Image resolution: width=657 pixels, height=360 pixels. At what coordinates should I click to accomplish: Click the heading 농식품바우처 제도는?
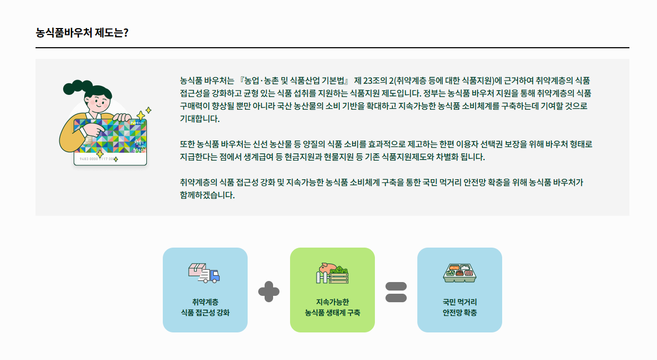pos(82,32)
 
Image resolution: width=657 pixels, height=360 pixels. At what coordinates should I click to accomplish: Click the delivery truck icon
pos(204,273)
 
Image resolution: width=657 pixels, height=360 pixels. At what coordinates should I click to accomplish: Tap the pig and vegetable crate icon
pos(332,273)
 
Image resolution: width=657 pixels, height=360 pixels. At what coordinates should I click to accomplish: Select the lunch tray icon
pos(459,273)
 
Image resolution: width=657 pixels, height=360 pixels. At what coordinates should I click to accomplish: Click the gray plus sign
pos(269,291)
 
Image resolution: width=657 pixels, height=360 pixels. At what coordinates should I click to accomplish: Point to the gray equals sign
pos(396,291)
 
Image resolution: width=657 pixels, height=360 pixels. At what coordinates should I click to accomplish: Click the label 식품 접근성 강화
pos(205,313)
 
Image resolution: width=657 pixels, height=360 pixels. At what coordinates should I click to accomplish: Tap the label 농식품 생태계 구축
pos(332,313)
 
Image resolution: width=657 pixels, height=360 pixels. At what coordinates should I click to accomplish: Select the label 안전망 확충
pos(460,313)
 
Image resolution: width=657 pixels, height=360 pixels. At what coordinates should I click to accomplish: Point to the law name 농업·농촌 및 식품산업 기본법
pos(294,81)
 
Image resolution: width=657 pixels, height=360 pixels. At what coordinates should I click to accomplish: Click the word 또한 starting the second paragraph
pos(187,144)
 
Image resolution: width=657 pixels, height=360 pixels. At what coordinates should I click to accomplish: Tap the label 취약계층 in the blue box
pos(205,302)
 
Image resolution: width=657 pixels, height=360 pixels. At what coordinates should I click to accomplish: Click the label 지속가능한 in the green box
pos(332,302)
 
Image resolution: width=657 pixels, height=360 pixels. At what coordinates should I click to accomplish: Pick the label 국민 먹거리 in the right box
pos(460,302)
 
